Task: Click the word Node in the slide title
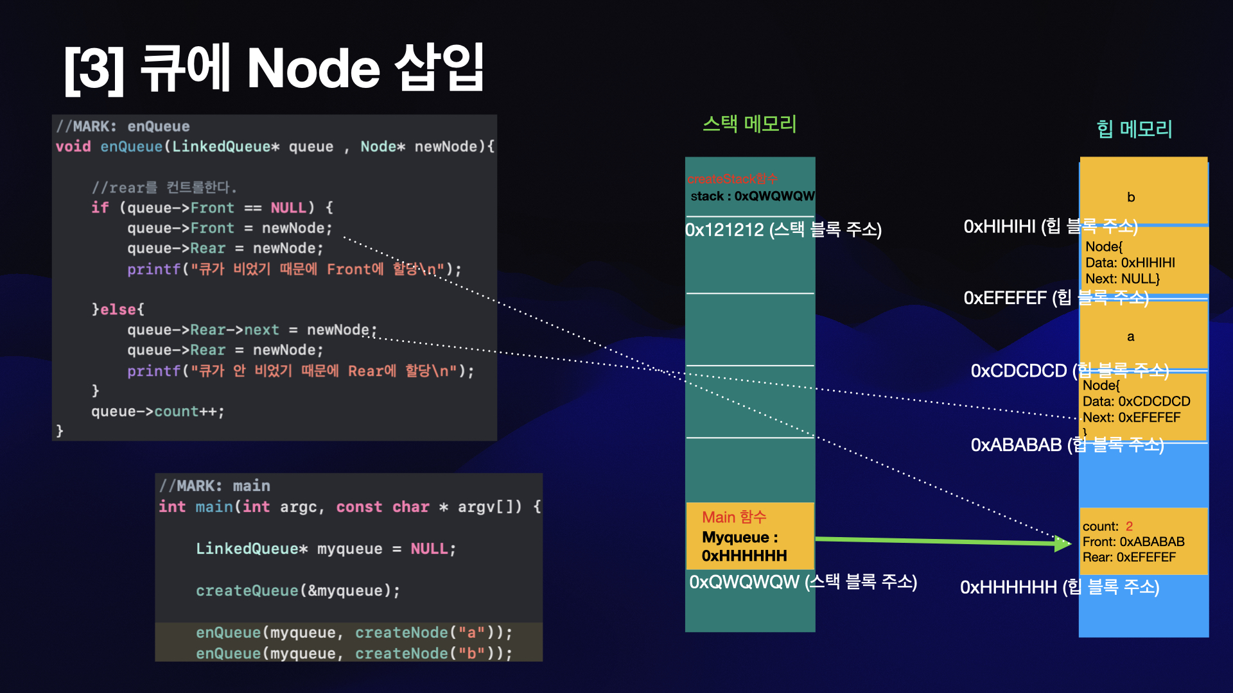pos(313,69)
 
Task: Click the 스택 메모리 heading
pos(749,123)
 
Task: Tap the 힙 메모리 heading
pos(1134,129)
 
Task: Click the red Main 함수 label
pos(734,517)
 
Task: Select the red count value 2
pos(1129,526)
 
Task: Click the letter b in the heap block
pos(1131,197)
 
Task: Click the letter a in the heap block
pos(1130,336)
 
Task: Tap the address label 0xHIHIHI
pos(999,227)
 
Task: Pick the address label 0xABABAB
pos(1016,445)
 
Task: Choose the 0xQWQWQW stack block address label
pos(744,582)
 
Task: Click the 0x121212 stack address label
pos(724,230)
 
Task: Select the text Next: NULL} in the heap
pos(1123,278)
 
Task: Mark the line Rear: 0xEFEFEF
pos(1129,557)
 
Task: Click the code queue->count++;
pos(157,411)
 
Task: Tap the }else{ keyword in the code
pos(118,309)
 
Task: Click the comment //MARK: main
pos(214,486)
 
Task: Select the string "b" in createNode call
pos(471,653)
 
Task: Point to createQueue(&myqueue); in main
pos(298,590)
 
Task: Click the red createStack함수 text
pos(732,179)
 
